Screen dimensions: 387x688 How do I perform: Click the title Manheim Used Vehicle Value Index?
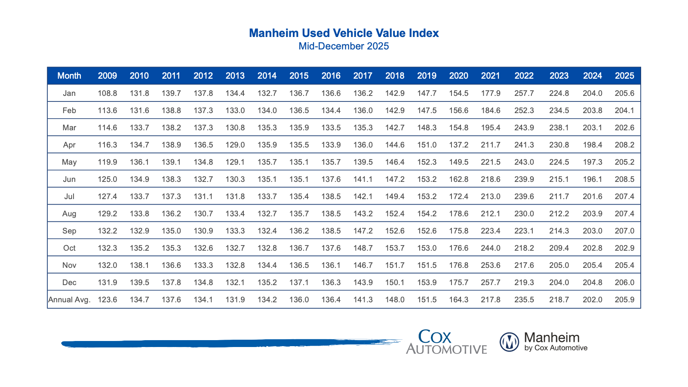pyautogui.click(x=344, y=33)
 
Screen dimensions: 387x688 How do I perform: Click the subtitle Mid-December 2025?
pyautogui.click(x=344, y=46)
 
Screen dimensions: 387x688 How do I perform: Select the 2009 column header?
pyautogui.click(x=107, y=76)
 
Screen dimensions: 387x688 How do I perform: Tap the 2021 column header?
pyautogui.click(x=490, y=76)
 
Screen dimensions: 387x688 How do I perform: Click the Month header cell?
pyautogui.click(x=69, y=76)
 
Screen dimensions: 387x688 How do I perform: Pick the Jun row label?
pyautogui.click(x=69, y=179)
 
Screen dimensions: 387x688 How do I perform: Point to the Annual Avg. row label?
pyautogui.click(x=69, y=300)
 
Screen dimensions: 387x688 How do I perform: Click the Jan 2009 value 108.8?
pyautogui.click(x=107, y=93)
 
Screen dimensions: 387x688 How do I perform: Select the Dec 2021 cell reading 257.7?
pyautogui.click(x=490, y=283)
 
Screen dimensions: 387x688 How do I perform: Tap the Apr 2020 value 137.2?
pyautogui.click(x=458, y=145)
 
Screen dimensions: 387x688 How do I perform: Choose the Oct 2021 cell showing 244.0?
pyautogui.click(x=490, y=248)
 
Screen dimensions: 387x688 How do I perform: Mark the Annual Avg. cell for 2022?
pyautogui.click(x=524, y=300)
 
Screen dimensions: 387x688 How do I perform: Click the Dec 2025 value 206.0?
pyautogui.click(x=624, y=283)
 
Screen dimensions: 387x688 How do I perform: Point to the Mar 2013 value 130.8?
pyautogui.click(x=235, y=128)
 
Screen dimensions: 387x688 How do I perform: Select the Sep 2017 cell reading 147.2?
pyautogui.click(x=362, y=231)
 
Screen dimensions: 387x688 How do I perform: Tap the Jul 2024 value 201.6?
pyautogui.click(x=592, y=197)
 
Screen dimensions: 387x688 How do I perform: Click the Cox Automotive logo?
pyautogui.click(x=446, y=342)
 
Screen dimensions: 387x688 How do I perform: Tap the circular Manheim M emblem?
pyautogui.click(x=510, y=342)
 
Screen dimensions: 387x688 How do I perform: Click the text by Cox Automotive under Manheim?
pyautogui.click(x=556, y=348)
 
